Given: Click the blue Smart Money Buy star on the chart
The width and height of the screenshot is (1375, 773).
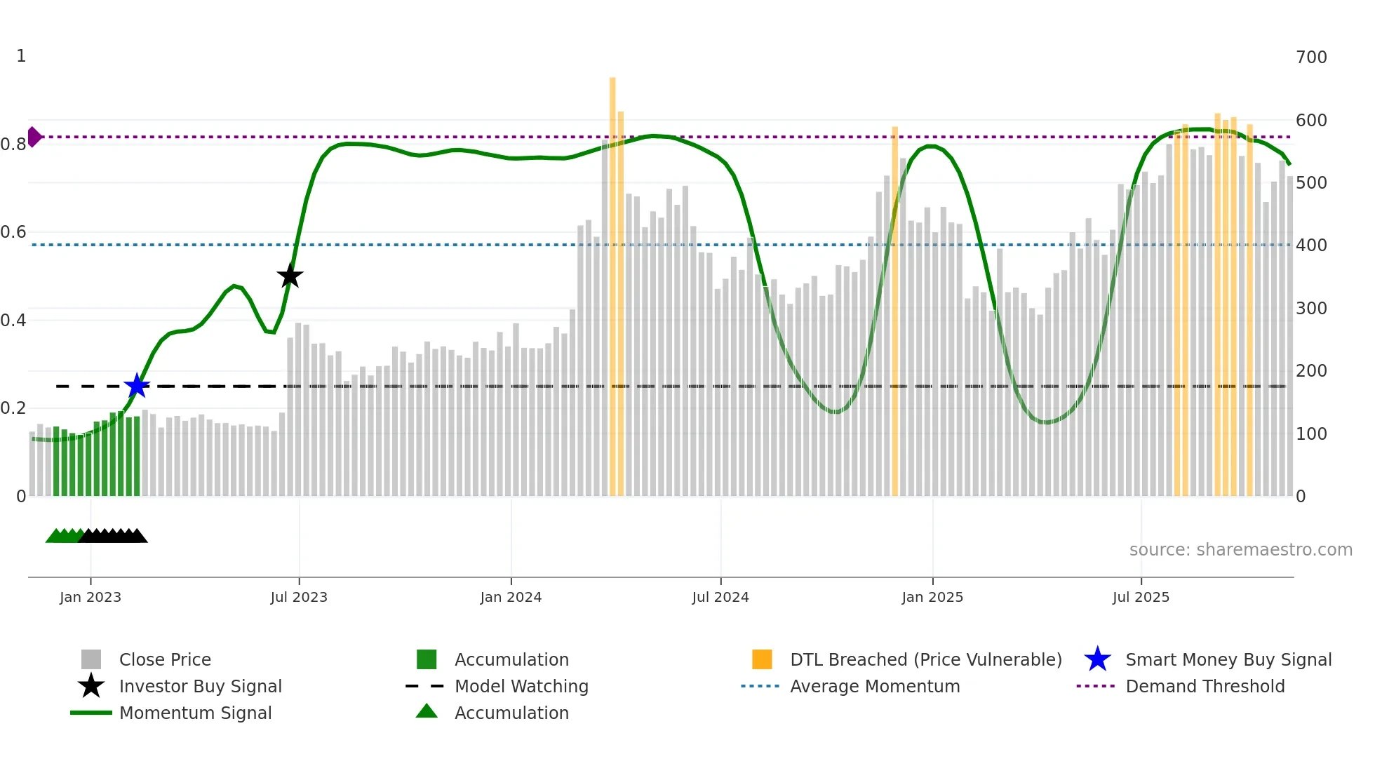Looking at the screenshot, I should click(x=137, y=386).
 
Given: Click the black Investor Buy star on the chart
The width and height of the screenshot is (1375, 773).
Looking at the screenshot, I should click(x=290, y=276).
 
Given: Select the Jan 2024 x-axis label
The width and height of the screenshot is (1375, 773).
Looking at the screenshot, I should click(x=511, y=597).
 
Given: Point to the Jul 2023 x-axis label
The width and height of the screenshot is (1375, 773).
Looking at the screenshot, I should click(x=299, y=597).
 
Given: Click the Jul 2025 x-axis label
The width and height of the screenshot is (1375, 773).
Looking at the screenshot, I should click(x=1141, y=597).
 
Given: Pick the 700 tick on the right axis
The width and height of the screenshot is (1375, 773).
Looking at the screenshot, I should click(x=1311, y=58).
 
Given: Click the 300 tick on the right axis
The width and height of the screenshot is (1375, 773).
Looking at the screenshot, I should click(x=1311, y=309).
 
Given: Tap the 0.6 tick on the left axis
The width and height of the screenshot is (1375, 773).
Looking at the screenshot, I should click(x=14, y=232).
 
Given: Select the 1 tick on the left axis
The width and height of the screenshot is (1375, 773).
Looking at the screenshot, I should click(x=21, y=56).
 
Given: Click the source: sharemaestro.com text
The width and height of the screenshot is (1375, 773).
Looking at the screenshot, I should click(x=1240, y=550).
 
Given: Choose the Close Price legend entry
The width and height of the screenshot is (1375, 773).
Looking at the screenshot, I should click(x=165, y=660).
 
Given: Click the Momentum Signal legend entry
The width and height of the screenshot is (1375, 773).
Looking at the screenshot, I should click(x=195, y=713).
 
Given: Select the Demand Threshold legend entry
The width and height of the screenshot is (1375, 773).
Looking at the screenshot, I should click(x=1205, y=687).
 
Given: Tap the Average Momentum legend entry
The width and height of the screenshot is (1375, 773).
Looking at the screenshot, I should click(x=875, y=687).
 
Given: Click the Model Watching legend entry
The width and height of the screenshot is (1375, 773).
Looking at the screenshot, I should click(x=521, y=687).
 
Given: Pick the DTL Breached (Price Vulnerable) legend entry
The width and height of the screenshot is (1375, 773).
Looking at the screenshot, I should click(x=925, y=660).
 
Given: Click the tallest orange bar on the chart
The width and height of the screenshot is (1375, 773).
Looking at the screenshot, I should click(x=612, y=281).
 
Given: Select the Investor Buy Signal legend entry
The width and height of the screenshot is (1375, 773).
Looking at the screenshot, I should click(x=200, y=687).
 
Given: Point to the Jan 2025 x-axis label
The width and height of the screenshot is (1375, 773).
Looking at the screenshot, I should click(x=932, y=597).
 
